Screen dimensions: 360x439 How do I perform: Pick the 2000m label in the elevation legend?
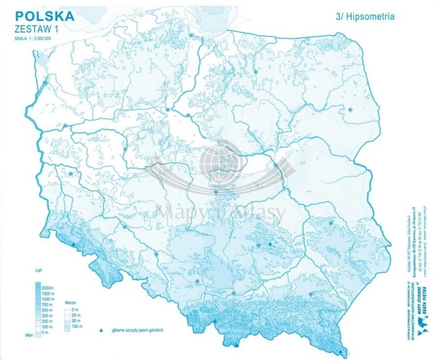(49, 289)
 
